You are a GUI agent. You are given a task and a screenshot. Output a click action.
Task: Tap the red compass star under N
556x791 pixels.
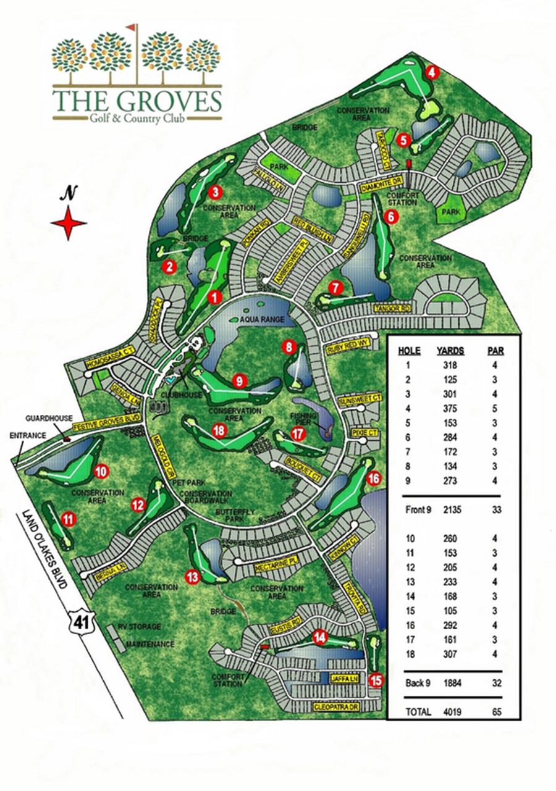69,223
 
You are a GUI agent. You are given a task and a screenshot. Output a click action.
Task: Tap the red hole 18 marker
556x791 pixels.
218,431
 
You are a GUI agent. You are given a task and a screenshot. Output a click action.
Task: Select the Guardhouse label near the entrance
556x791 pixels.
40,417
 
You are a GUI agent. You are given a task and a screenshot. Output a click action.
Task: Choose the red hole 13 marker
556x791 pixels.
193,577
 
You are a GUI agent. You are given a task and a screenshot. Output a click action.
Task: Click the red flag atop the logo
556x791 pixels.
131,28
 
